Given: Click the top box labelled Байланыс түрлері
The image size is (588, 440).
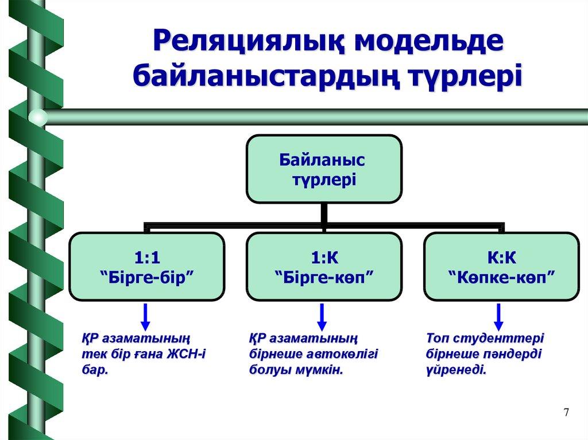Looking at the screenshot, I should (324, 169).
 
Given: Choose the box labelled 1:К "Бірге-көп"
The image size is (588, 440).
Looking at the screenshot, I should (324, 266).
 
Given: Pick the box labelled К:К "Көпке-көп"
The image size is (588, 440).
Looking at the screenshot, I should (501, 266).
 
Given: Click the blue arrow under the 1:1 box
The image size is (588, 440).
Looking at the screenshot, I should (146, 315).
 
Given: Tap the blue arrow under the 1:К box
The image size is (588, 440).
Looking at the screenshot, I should (323, 315).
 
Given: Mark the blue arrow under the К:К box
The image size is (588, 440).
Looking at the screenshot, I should (499, 315).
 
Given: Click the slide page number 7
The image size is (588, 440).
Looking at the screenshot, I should (567, 412).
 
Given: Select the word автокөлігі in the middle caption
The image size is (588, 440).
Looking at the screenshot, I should (339, 354).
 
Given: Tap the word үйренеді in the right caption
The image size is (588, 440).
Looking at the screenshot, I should (457, 370).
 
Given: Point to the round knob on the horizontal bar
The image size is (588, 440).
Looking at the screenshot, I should (38, 117).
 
